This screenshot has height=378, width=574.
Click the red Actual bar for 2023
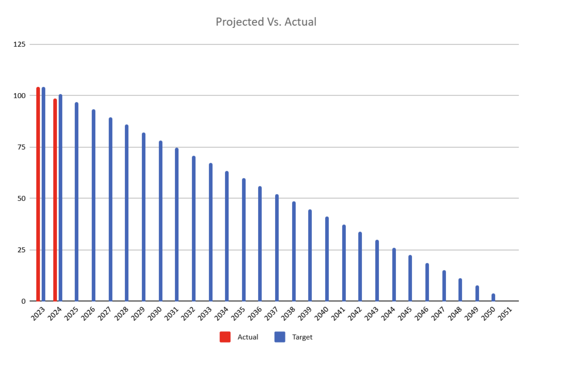tap(38, 195)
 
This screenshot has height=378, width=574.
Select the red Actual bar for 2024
tap(55, 201)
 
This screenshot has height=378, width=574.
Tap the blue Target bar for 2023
tap(43, 195)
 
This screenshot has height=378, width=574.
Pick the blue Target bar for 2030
tap(161, 222)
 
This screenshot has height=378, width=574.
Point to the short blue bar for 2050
tap(493, 297)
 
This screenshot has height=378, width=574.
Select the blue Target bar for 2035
tap(244, 241)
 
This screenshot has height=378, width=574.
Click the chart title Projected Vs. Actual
tap(266, 22)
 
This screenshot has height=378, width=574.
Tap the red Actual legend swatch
tap(225, 337)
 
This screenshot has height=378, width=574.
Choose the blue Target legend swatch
tap(280, 337)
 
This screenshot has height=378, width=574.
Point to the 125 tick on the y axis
tap(19, 44)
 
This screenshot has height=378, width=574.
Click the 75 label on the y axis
tap(21, 147)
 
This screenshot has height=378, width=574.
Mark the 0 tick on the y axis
tap(23, 301)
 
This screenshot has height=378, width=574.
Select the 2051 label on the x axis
tap(505, 314)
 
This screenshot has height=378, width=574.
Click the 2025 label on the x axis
tap(71, 314)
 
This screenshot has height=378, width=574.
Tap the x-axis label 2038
tap(288, 314)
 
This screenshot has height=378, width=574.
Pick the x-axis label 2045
tap(405, 314)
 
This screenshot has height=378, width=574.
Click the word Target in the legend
tap(302, 337)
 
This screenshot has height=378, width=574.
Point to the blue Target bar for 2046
tap(427, 282)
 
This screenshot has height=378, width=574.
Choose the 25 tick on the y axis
tap(21, 250)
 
